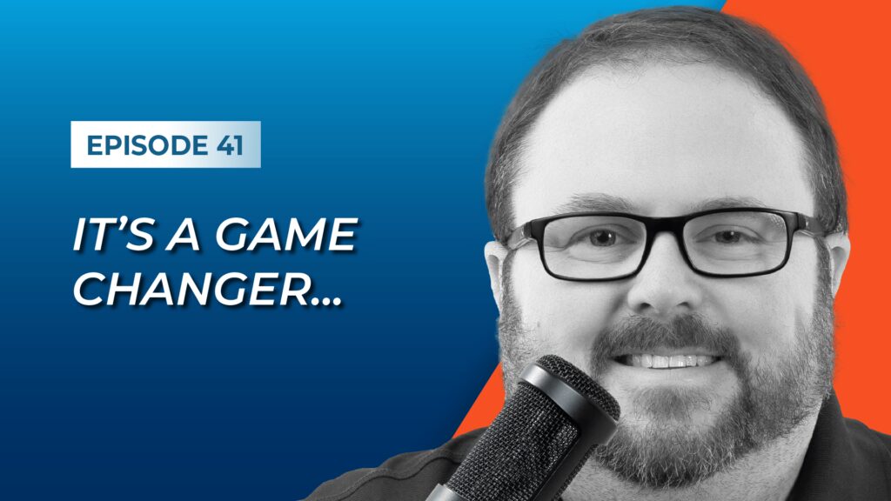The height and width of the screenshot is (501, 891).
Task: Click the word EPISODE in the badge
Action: pos(146,145)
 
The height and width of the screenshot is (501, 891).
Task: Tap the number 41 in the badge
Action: pos(230,145)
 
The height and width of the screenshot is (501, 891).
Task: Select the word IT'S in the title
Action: pos(112,234)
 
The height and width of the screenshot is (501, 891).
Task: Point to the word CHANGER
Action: pos(194,289)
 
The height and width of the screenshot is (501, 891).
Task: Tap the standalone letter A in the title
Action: pos(183,234)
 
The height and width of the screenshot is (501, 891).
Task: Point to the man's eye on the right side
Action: pos(729,237)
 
